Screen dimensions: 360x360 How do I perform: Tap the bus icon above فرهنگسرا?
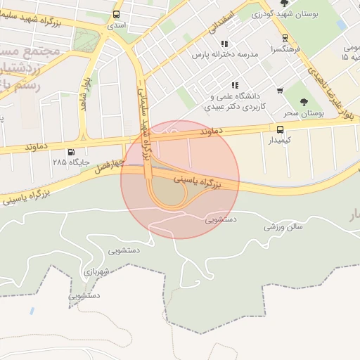285,39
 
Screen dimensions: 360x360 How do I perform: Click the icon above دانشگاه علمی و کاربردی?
235,85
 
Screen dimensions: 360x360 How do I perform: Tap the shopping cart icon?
280,91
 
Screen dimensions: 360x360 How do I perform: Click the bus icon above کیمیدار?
280,129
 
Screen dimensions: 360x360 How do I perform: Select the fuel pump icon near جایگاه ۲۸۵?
70,152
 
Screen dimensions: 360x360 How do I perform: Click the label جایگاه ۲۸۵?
70,162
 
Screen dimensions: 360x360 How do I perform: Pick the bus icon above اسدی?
116,14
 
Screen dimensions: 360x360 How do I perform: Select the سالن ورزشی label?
283,226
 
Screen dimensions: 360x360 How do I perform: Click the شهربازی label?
95,271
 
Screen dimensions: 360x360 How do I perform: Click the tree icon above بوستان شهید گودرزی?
284,3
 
